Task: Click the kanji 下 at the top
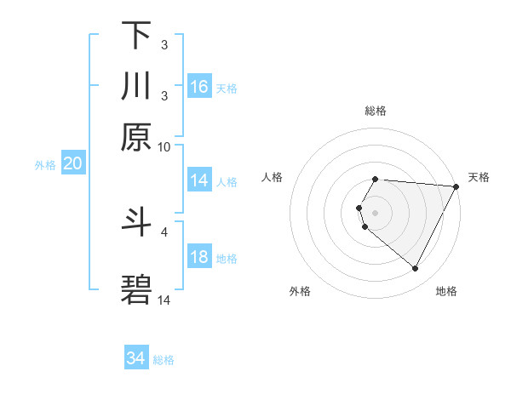click(x=136, y=36)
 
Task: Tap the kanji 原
click(x=136, y=135)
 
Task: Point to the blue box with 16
click(x=199, y=87)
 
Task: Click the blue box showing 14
click(x=199, y=180)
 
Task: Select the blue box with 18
click(x=199, y=257)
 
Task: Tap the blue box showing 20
click(x=72, y=164)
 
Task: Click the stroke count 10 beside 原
click(x=164, y=146)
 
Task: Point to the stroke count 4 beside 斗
click(x=165, y=231)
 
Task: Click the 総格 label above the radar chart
click(x=376, y=111)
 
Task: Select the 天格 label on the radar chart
click(x=479, y=177)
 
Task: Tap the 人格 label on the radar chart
click(x=273, y=177)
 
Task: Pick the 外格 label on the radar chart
click(x=300, y=291)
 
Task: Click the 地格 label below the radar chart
click(x=446, y=291)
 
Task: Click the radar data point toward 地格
click(x=416, y=269)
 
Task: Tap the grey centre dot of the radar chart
click(x=376, y=212)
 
